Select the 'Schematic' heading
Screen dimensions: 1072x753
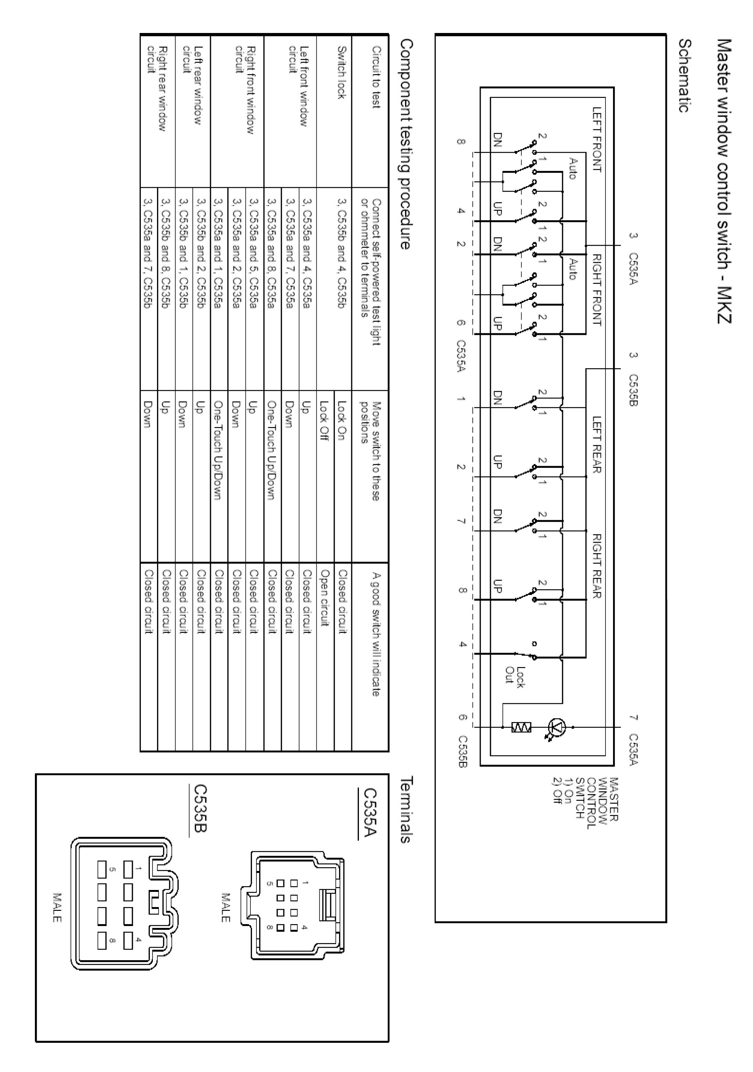(x=684, y=75)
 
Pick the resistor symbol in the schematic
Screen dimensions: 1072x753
(x=521, y=727)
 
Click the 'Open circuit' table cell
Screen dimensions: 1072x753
(x=325, y=598)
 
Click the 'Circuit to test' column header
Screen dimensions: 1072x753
(x=376, y=77)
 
